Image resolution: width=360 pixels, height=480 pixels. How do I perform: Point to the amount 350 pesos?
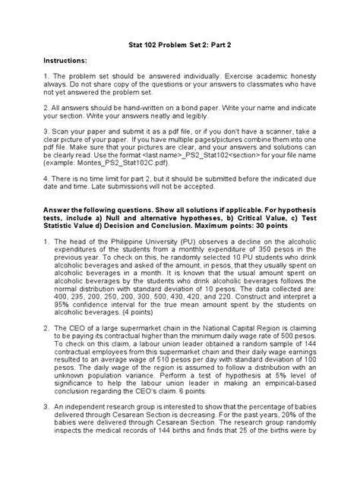pyautogui.click(x=285, y=271)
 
